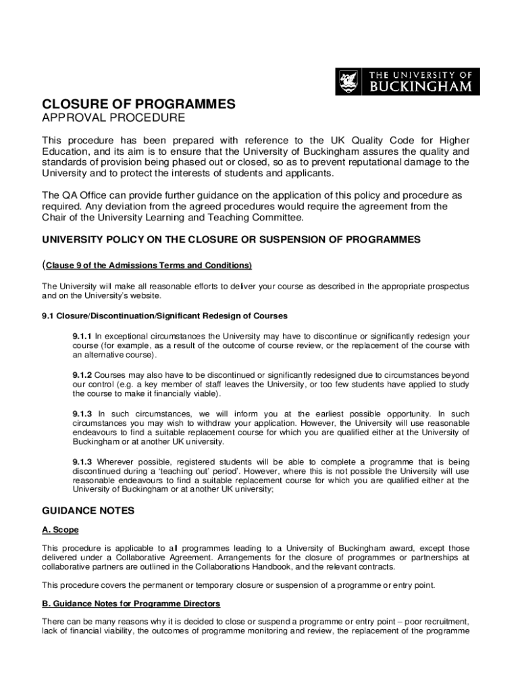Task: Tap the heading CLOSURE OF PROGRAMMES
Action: click(x=139, y=104)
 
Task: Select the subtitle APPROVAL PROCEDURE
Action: click(x=113, y=118)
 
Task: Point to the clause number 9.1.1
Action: click(x=82, y=336)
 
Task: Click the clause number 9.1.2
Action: click(x=82, y=374)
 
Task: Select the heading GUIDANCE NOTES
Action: click(x=88, y=511)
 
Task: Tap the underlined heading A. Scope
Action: click(x=60, y=530)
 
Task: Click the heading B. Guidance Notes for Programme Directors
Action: click(x=131, y=603)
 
